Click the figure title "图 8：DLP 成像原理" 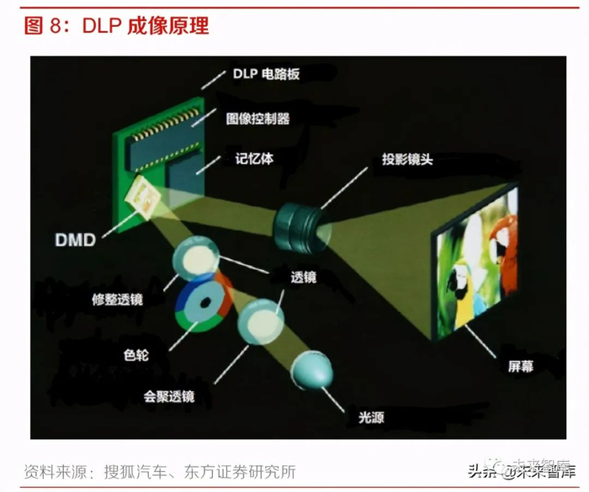pos(116,25)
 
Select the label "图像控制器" pos(258,119)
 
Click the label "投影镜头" pos(406,159)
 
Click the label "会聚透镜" pos(167,395)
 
